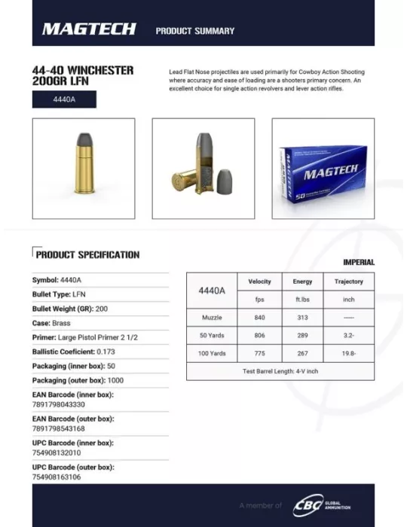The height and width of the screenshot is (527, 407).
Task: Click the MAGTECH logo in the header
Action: coord(88,29)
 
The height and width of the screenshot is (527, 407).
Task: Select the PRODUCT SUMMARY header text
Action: coord(194,31)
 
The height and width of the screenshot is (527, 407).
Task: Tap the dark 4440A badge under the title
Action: coord(63,99)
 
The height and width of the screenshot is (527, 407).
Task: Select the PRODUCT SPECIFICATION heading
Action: coord(87,255)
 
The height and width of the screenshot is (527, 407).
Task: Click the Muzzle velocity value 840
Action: coord(259,318)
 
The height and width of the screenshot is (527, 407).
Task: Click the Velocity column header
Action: coord(259,282)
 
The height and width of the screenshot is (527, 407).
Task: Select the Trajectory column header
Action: coord(348,282)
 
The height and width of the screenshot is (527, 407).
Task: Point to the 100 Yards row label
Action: coord(212,353)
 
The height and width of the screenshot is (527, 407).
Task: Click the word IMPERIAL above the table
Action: coord(358,262)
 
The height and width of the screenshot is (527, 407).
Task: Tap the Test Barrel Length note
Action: coord(280,371)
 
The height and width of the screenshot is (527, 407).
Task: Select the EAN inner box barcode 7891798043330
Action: coord(58,404)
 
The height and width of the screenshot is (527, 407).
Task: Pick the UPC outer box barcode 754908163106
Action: coord(56,477)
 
